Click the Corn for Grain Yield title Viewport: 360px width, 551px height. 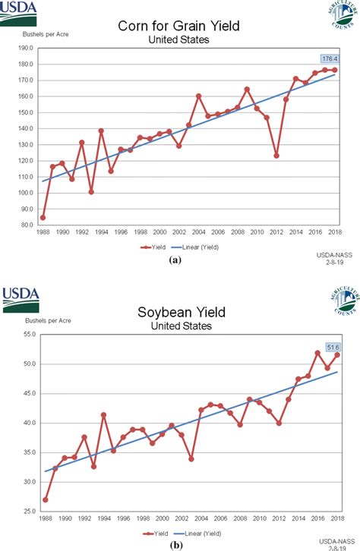[x=180, y=27]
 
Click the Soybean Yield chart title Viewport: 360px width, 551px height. [x=180, y=313]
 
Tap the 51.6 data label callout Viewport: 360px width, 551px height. [x=333, y=347]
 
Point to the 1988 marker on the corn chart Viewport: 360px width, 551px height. [x=43, y=218]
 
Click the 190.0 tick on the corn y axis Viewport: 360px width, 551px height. [x=25, y=48]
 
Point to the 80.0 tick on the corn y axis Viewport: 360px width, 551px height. [x=25, y=225]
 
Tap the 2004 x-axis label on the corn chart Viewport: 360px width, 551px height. [x=198, y=231]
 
